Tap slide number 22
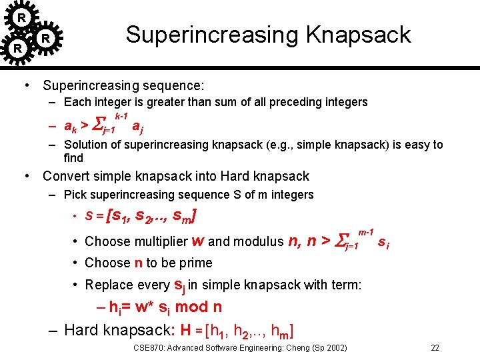(x=435, y=347)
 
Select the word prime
(x=195, y=263)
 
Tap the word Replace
(x=109, y=285)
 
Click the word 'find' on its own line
(x=73, y=158)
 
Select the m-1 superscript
(x=365, y=231)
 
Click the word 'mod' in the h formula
(x=193, y=307)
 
